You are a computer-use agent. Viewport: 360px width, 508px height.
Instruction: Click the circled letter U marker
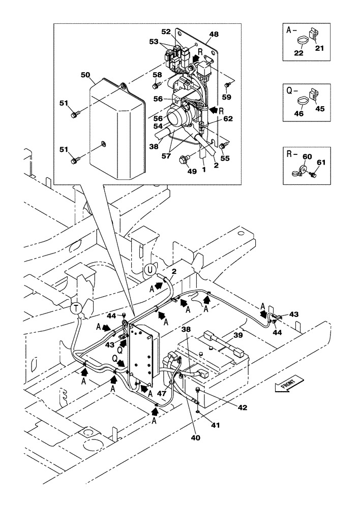(149, 269)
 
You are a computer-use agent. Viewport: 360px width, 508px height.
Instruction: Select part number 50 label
(85, 75)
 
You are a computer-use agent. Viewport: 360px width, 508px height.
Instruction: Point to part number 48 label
(214, 34)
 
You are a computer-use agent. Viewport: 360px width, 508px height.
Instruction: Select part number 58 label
(158, 74)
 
